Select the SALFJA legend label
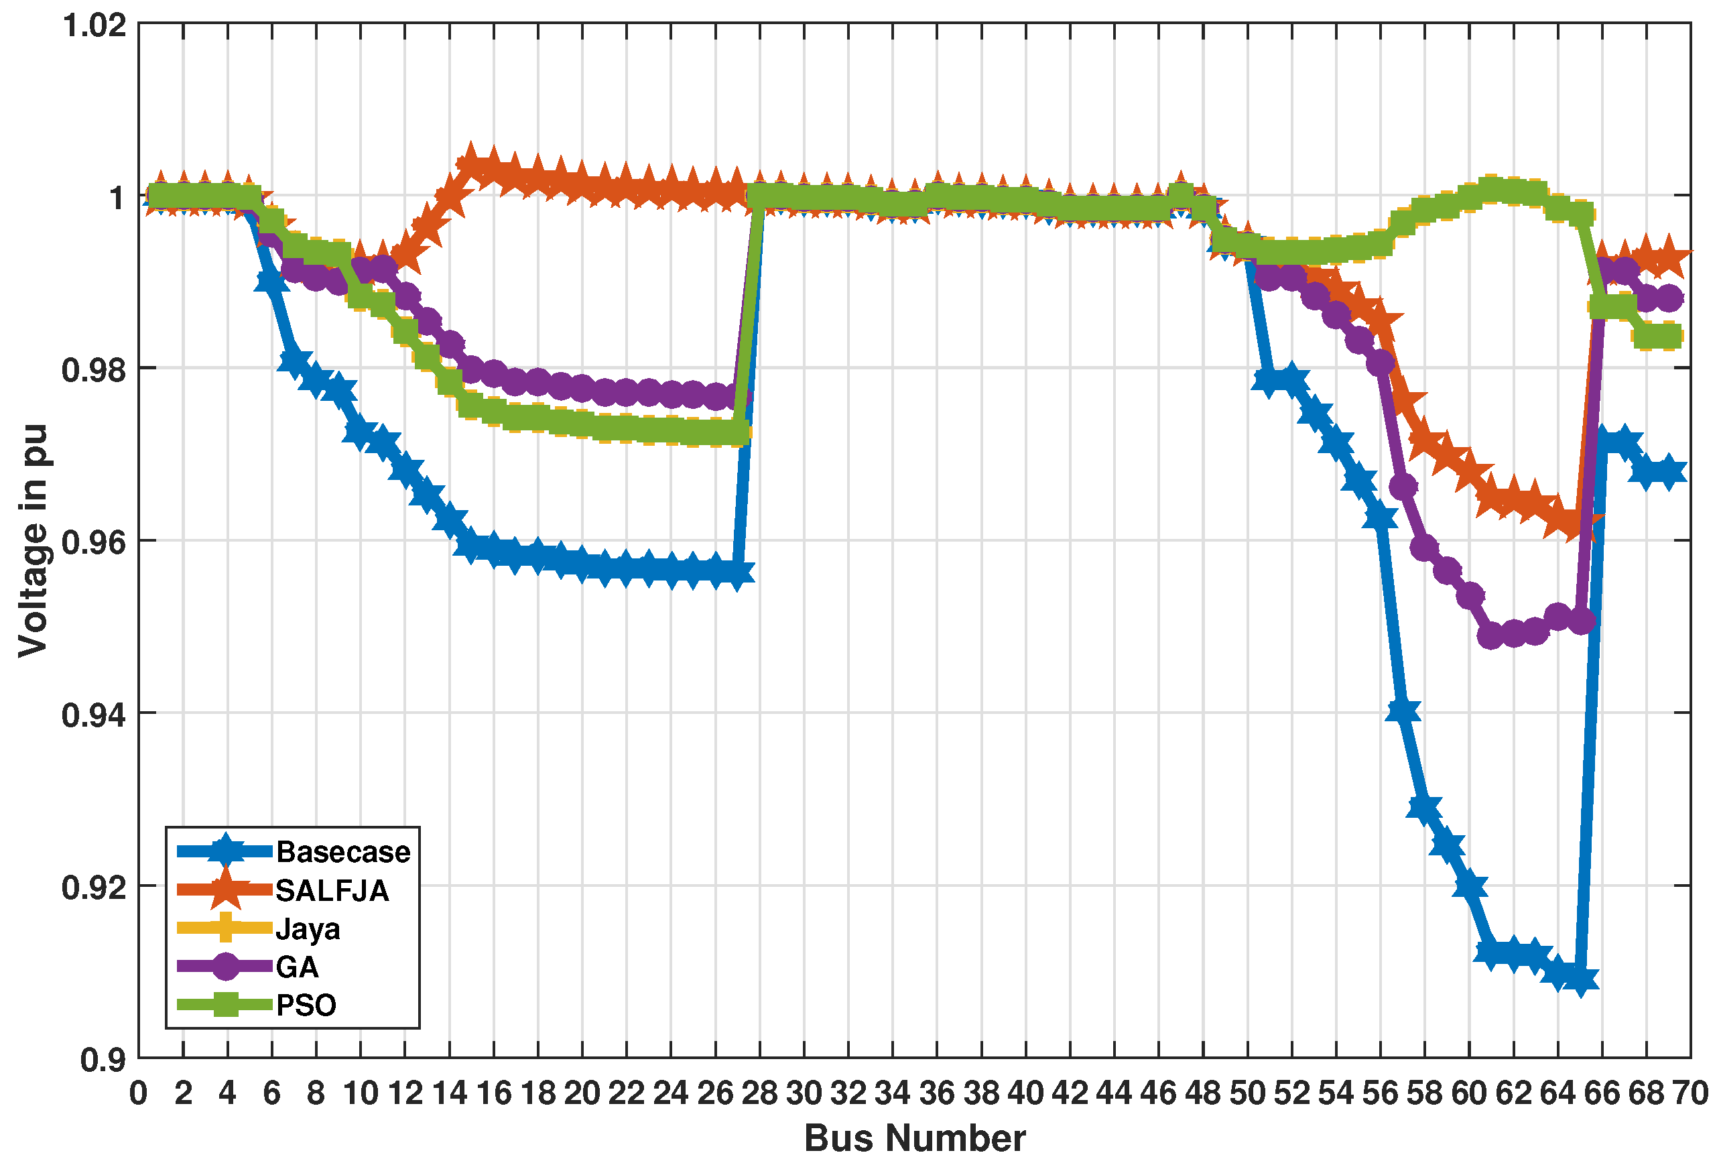coord(332,891)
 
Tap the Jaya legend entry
coord(308,928)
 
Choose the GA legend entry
coord(296,967)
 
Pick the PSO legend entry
coord(306,1005)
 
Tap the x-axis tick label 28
coord(759,1093)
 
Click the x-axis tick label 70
coord(1690,1093)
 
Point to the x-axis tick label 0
coord(139,1093)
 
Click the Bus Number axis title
coord(915,1138)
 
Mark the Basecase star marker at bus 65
coord(1580,979)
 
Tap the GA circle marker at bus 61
coord(1491,635)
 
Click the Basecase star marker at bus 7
coord(294,361)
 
